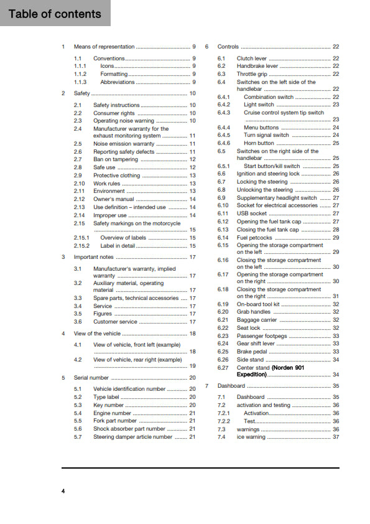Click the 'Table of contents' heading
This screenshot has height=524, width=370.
(55, 14)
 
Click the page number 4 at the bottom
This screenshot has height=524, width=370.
(63, 492)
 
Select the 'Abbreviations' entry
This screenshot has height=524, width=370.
(118, 82)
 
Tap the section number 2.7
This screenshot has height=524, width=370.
(78, 160)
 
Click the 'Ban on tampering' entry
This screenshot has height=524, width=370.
(116, 160)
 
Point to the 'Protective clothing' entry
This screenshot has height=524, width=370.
(117, 175)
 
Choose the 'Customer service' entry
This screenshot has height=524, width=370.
(116, 322)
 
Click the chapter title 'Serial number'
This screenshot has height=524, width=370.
(91, 378)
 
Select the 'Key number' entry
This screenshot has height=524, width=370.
(109, 405)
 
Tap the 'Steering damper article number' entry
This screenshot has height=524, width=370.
(132, 437)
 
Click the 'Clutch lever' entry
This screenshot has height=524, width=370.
(252, 58)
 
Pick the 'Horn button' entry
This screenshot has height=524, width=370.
(260, 143)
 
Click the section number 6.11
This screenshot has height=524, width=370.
(223, 213)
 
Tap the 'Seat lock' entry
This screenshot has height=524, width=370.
(249, 328)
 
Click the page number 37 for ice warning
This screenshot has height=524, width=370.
(336, 437)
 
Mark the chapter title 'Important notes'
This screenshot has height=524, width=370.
(94, 257)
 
